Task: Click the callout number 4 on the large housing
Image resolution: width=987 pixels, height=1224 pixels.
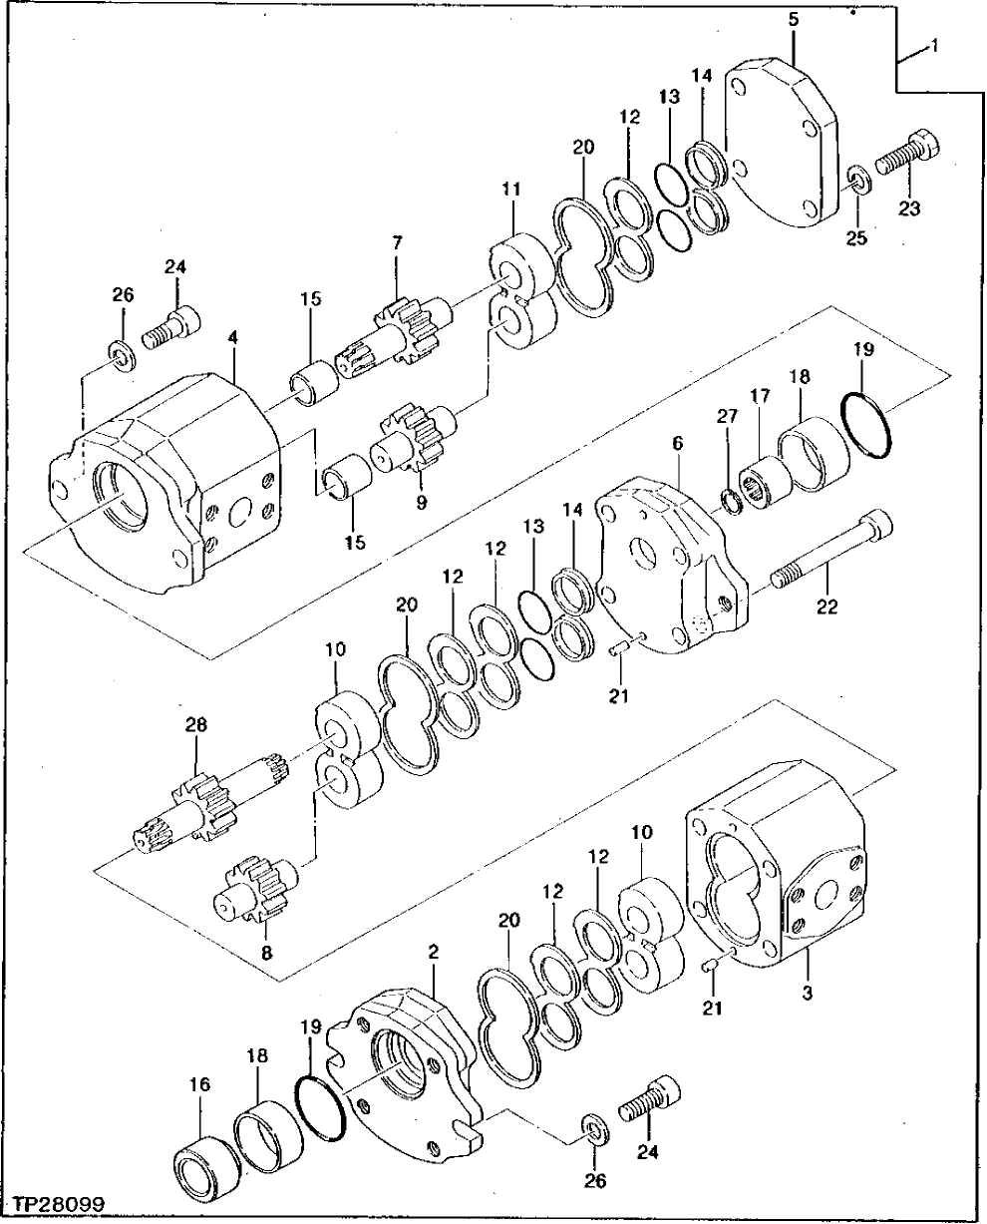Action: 231,338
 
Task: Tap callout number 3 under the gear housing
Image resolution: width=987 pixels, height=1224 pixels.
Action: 808,993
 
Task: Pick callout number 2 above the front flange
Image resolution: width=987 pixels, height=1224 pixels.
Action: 434,953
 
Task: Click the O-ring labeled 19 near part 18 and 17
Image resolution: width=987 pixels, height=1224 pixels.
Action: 863,423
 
